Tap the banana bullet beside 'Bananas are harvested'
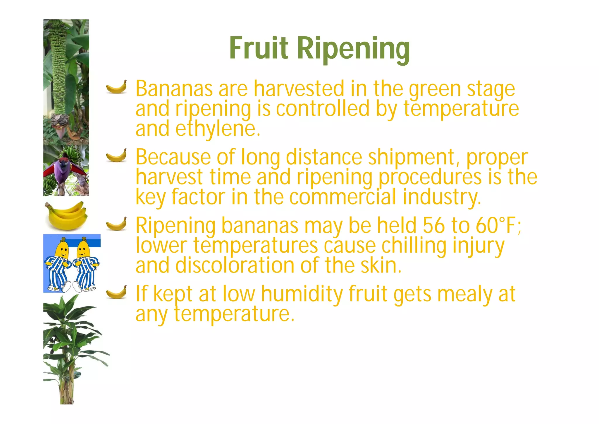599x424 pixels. tap(116, 87)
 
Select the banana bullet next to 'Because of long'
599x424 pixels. tap(116, 155)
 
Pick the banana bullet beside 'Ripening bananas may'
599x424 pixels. tap(116, 224)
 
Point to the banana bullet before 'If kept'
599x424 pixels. tap(116, 292)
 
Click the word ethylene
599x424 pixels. tap(218, 130)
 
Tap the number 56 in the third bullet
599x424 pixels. tap(434, 226)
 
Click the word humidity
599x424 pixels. tap(302, 294)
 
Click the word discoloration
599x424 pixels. tap(235, 265)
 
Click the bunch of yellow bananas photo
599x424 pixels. tap(66, 215)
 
